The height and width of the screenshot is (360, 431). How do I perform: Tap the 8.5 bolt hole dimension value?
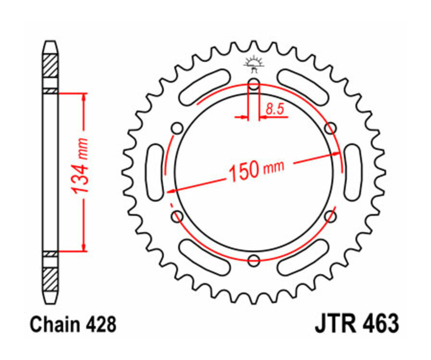275,109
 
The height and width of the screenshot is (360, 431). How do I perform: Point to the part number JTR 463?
356,324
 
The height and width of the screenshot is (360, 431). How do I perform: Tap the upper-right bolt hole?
330,128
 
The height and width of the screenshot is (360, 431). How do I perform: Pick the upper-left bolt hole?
178,128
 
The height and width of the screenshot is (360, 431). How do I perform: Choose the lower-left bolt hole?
178,216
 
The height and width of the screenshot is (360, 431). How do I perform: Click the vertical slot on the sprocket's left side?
155,173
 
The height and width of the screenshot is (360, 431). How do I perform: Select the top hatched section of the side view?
51,67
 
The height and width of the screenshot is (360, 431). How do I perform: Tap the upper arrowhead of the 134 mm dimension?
85,96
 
